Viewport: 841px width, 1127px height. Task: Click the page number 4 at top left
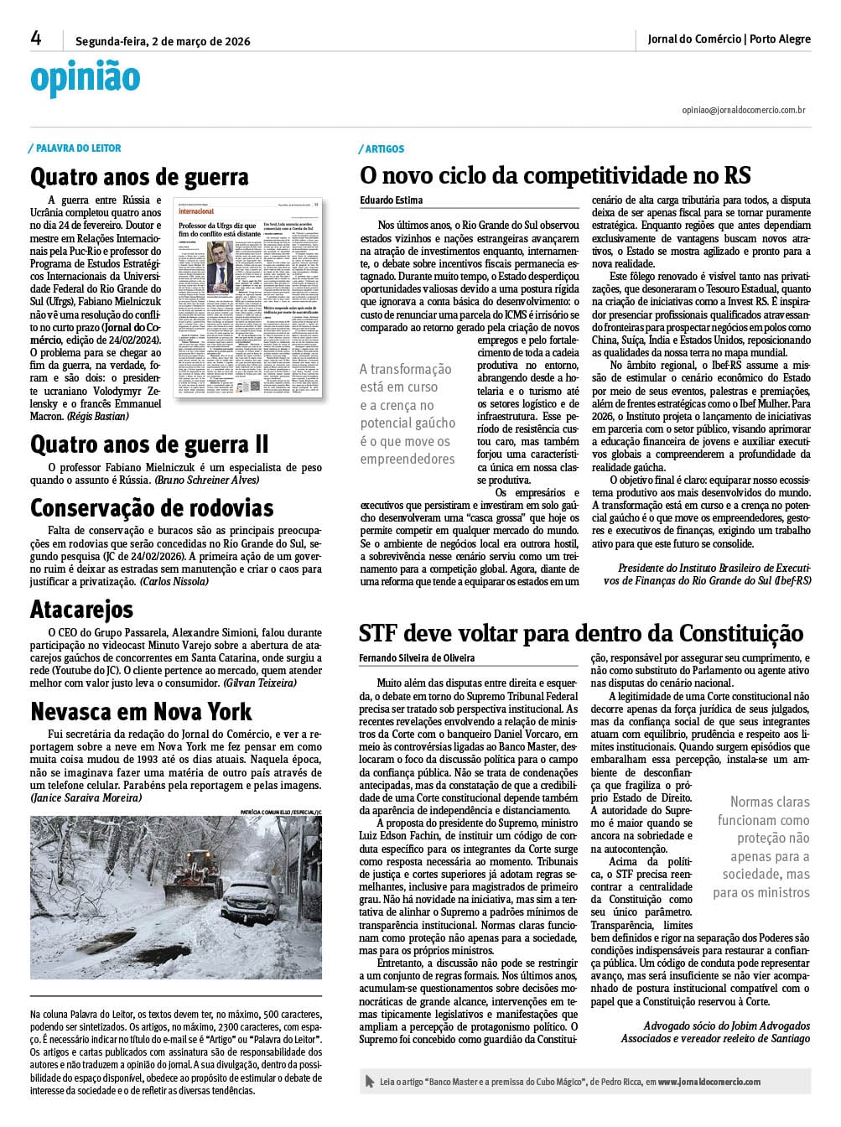pos(36,38)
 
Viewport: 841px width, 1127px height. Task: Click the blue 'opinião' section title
pos(85,78)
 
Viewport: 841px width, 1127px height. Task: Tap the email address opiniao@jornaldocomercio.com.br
pos(744,110)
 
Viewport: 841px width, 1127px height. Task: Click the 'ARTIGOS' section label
pos(384,149)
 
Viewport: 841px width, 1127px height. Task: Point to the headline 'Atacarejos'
pos(81,610)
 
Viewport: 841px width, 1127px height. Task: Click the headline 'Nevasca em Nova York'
pos(141,712)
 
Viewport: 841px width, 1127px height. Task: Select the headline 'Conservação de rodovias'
pos(152,508)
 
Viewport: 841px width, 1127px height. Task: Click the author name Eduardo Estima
pos(392,200)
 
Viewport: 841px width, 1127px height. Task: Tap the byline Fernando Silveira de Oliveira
pos(417,658)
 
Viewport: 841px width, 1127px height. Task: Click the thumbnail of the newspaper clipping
pos(247,297)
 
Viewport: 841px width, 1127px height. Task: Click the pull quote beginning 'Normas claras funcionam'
pos(761,847)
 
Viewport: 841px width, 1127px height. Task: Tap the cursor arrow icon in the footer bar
pos(370,1082)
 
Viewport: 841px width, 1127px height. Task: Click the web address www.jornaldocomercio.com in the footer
pos(709,1082)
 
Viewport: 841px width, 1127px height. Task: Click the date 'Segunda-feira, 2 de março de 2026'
pos(163,41)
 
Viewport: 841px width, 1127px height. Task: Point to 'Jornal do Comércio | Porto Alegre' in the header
pos(729,39)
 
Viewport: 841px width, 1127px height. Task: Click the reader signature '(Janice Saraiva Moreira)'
pos(86,798)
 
